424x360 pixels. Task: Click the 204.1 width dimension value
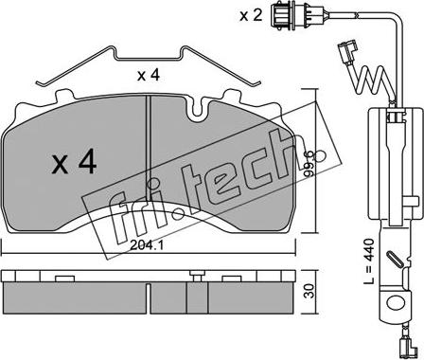coord(148,245)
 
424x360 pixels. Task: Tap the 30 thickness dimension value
coord(310,291)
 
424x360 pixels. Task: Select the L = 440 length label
coord(368,261)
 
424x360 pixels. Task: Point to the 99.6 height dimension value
coord(309,163)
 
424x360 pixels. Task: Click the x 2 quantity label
coord(251,15)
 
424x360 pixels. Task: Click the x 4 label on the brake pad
coord(75,163)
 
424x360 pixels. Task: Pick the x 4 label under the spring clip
coord(149,75)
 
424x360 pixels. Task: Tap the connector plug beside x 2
coord(279,16)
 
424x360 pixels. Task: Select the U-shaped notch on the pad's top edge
coord(198,110)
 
